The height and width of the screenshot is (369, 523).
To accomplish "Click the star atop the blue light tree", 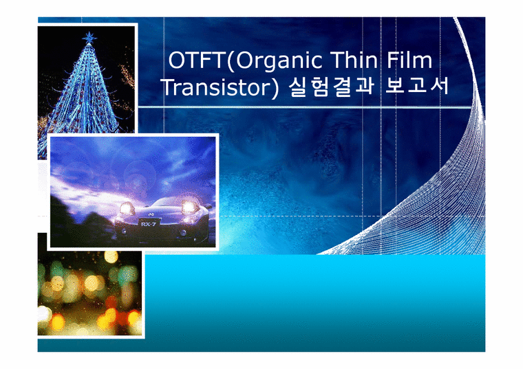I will tap(89, 36).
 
